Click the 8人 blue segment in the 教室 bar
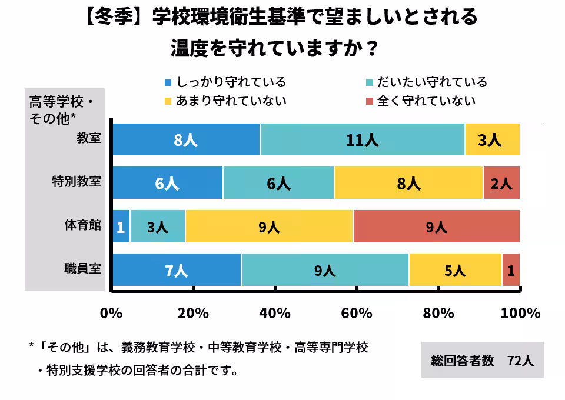coord(186,140)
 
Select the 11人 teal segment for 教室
coord(362,140)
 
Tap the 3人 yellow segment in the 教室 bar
coord(492,140)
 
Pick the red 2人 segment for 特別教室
coord(501,183)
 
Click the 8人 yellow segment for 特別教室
coord(408,183)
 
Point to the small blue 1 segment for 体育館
coord(121,226)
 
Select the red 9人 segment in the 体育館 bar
coord(436,226)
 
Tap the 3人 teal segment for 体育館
coord(158,226)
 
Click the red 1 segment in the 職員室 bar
coord(511,270)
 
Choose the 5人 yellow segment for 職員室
coord(455,270)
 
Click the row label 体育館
coord(83,225)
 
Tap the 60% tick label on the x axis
coord(356,313)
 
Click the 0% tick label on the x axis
coord(111,313)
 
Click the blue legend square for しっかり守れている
coord(168,83)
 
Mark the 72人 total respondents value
coord(520,361)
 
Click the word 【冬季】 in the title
coord(113,18)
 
